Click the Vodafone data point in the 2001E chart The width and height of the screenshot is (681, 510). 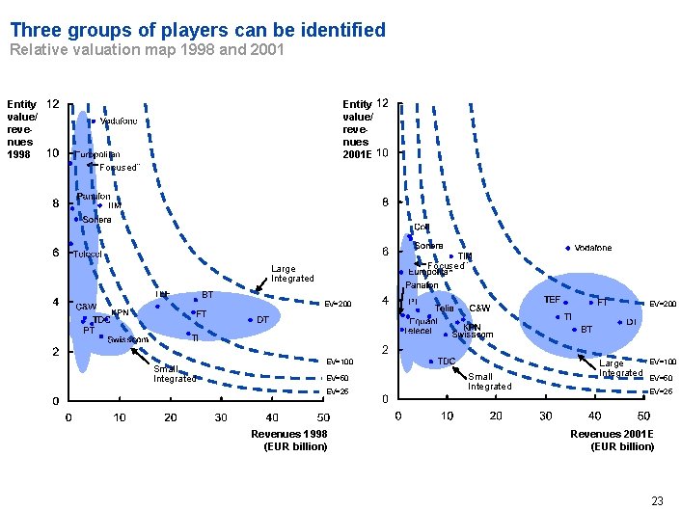click(x=567, y=248)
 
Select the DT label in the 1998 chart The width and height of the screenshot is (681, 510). click(x=262, y=319)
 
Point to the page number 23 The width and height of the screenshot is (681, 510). click(x=657, y=499)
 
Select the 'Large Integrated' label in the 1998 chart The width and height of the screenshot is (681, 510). click(x=292, y=274)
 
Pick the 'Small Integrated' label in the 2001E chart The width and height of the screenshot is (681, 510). click(x=490, y=381)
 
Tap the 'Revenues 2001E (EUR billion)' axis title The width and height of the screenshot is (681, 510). click(x=622, y=440)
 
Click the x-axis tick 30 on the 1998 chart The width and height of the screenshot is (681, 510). click(x=221, y=417)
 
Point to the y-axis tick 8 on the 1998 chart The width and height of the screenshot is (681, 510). click(x=54, y=203)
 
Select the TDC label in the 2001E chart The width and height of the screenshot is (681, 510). click(x=447, y=362)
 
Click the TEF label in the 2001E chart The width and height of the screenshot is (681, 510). click(x=554, y=300)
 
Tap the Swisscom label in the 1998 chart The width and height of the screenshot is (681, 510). click(x=127, y=339)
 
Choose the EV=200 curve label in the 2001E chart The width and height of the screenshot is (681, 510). click(x=663, y=304)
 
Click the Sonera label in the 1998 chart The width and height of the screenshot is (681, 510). click(x=97, y=220)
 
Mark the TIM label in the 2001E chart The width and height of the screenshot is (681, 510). click(x=465, y=256)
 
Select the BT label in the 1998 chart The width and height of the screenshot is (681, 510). click(x=206, y=295)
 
